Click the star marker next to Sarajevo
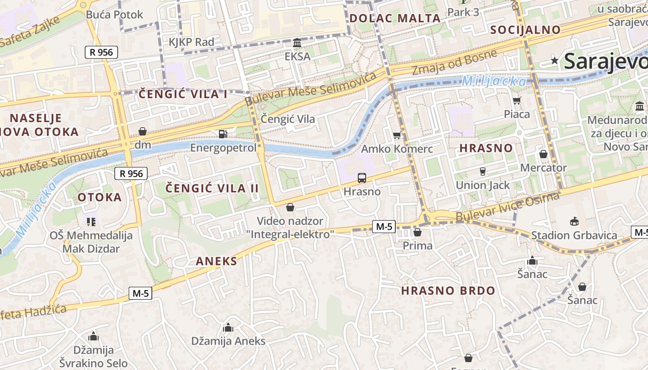click(x=555, y=61)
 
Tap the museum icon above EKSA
click(x=297, y=43)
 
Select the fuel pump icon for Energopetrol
click(x=223, y=134)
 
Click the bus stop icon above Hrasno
click(x=362, y=178)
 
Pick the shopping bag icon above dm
click(x=143, y=131)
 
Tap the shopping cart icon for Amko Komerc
click(x=397, y=136)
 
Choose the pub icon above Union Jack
click(x=483, y=171)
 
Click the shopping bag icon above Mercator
click(x=543, y=154)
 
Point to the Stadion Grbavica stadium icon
click(x=574, y=221)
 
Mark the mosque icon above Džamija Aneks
click(x=228, y=328)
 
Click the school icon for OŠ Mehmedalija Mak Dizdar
click(x=91, y=222)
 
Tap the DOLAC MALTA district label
click(x=395, y=18)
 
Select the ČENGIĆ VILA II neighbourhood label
click(x=212, y=188)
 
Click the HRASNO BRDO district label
click(x=448, y=291)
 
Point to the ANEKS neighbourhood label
click(x=216, y=261)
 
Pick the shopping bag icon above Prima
click(x=417, y=232)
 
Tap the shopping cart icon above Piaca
click(x=517, y=100)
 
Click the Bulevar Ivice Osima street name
click(x=507, y=207)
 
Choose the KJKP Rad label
click(x=191, y=42)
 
